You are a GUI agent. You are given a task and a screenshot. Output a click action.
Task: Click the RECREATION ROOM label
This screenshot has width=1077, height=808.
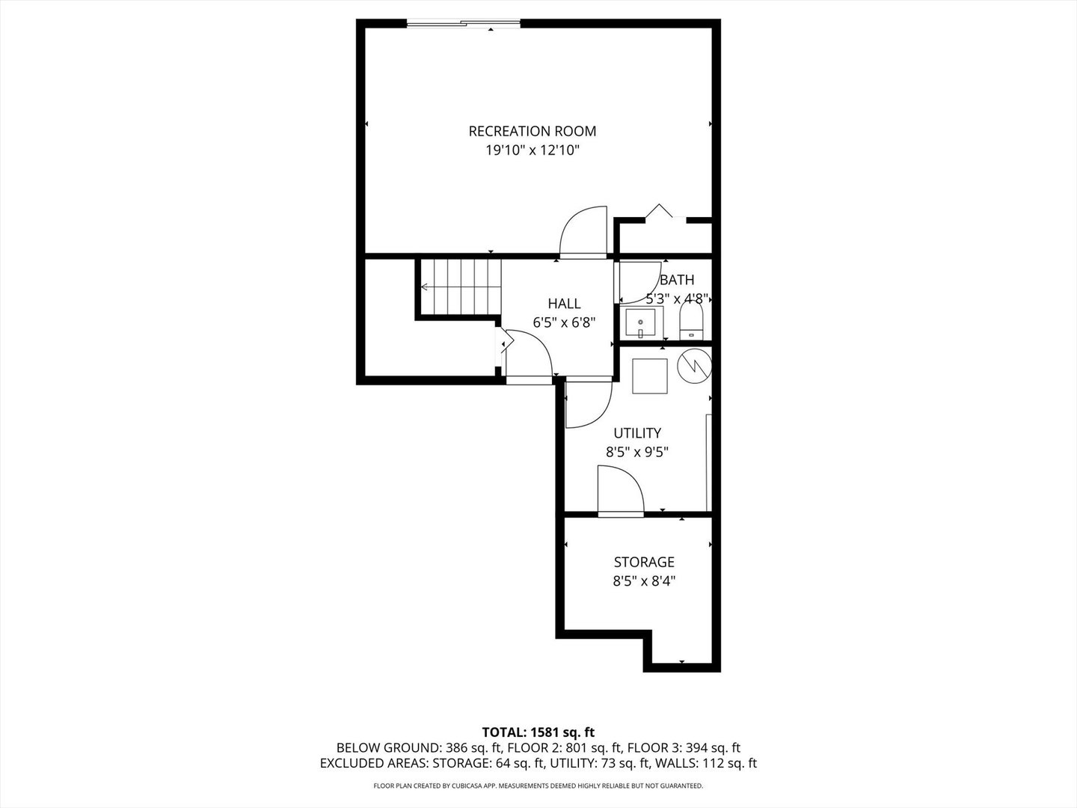532,131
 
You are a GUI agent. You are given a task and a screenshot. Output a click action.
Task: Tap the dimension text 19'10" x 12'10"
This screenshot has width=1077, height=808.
532,150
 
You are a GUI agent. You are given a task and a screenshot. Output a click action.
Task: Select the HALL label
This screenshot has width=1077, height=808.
564,303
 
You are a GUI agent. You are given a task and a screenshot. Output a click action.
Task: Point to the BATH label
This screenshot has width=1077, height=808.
676,280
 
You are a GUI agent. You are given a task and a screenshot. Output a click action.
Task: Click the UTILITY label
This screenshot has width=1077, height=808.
636,432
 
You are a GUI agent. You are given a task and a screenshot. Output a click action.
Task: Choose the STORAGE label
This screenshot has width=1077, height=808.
644,562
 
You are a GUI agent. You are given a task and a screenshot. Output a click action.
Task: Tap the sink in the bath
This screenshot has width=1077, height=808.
640,324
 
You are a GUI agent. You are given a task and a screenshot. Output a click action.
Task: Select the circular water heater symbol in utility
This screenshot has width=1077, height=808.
693,365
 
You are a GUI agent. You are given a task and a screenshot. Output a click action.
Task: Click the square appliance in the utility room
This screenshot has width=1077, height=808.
649,376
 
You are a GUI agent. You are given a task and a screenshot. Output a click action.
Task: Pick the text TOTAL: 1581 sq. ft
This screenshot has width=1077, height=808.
538,732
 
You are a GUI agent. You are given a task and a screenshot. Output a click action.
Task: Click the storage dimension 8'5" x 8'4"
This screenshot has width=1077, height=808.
644,581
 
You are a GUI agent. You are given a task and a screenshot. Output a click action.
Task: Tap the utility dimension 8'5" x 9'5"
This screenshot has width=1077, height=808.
636,452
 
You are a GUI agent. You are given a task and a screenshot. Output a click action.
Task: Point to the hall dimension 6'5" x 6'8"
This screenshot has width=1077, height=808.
564,322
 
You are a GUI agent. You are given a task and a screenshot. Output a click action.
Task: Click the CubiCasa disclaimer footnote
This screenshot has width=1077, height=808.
538,786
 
